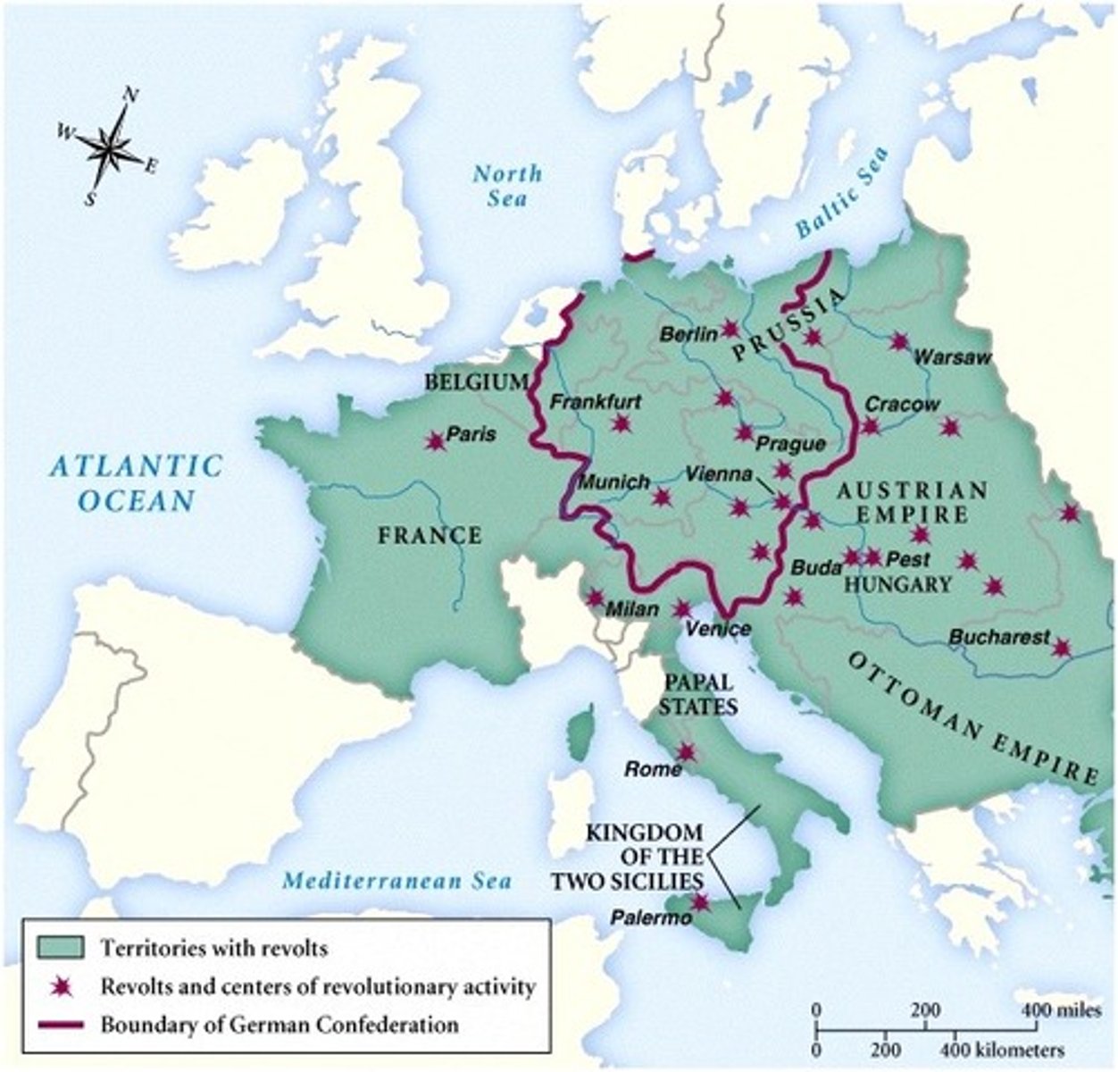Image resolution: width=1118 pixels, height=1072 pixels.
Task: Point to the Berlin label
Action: (689, 334)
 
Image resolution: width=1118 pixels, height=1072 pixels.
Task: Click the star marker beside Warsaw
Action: (899, 341)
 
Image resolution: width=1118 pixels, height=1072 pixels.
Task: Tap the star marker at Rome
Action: (686, 752)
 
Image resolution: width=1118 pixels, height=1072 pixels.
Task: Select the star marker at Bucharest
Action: (1061, 647)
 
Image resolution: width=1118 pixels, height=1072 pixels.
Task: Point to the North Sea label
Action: (506, 185)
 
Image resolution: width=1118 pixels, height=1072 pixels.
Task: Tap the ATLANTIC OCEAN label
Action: (136, 482)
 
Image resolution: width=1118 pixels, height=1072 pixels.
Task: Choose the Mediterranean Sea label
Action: (397, 881)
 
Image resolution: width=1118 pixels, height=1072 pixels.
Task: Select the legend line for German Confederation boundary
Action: (60, 1024)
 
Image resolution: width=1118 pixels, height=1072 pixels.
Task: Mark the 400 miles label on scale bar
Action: (1047, 1009)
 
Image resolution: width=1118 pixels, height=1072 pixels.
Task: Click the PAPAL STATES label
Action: (700, 693)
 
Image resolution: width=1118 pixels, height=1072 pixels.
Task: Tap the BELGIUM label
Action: (476, 382)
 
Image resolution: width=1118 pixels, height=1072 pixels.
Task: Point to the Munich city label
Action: (614, 482)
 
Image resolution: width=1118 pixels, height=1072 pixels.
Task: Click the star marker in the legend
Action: (61, 986)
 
